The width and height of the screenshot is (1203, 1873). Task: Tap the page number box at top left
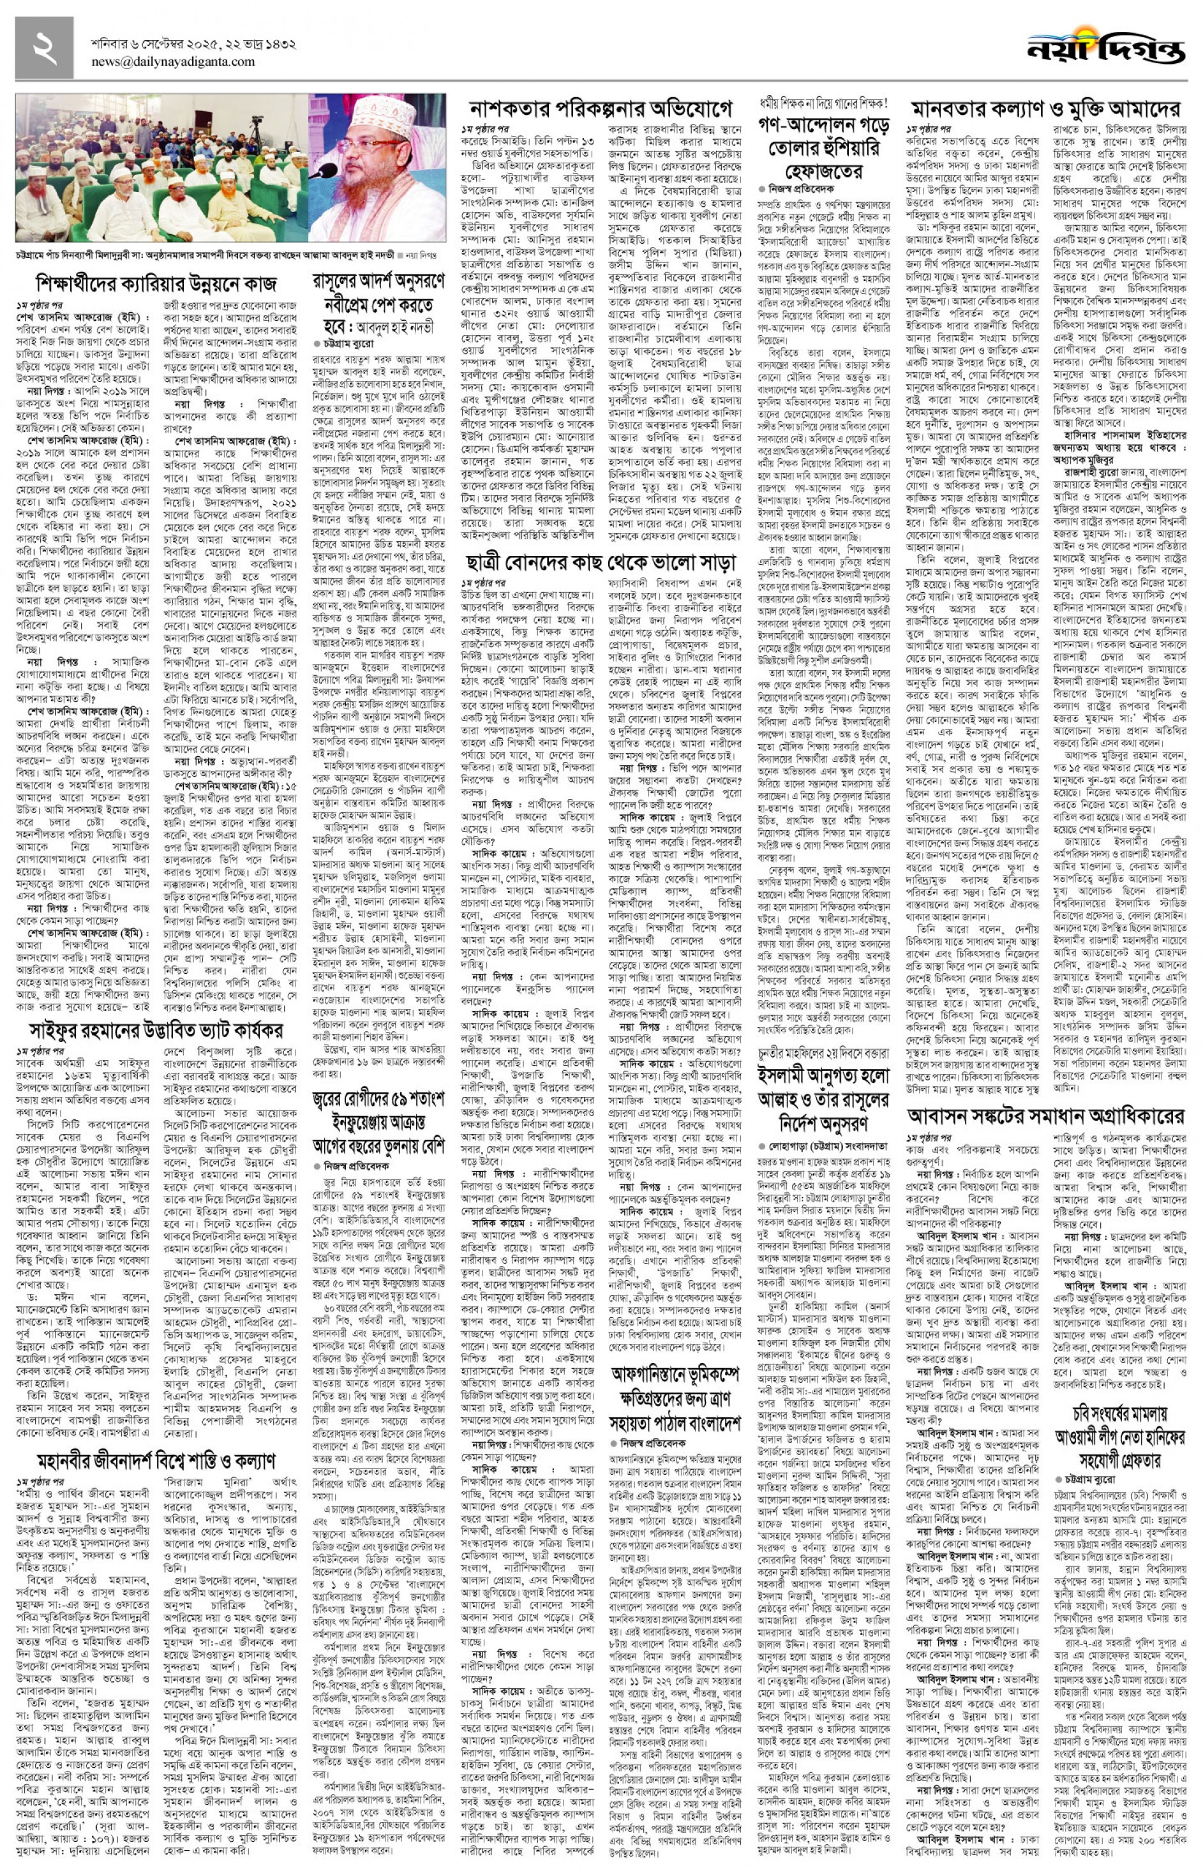coord(44,48)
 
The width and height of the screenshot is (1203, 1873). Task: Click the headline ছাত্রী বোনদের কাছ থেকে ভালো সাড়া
coord(601,562)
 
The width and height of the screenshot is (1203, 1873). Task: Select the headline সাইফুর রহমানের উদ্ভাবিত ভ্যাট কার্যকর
coord(156,1030)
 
